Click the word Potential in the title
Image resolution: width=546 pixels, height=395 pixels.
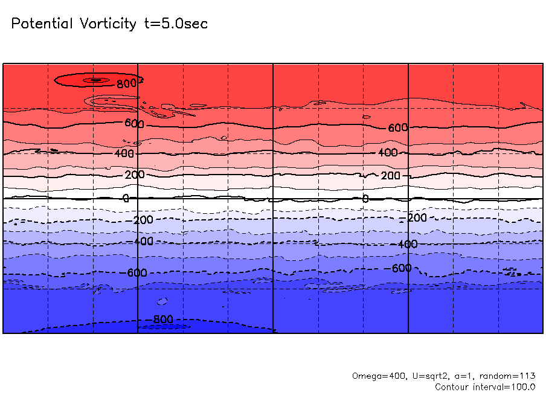click(x=42, y=24)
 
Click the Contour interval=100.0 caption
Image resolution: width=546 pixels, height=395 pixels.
click(x=485, y=387)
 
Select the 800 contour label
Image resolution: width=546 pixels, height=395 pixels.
click(x=127, y=84)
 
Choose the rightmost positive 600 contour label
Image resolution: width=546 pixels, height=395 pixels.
click(x=398, y=128)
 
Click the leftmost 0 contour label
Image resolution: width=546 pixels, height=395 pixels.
click(x=126, y=198)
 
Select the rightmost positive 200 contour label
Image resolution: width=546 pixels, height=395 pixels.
click(x=391, y=176)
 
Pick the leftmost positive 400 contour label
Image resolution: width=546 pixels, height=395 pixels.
click(x=124, y=153)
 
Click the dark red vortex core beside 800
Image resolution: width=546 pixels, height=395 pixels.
click(x=95, y=80)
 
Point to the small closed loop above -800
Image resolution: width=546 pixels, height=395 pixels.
click(x=162, y=301)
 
